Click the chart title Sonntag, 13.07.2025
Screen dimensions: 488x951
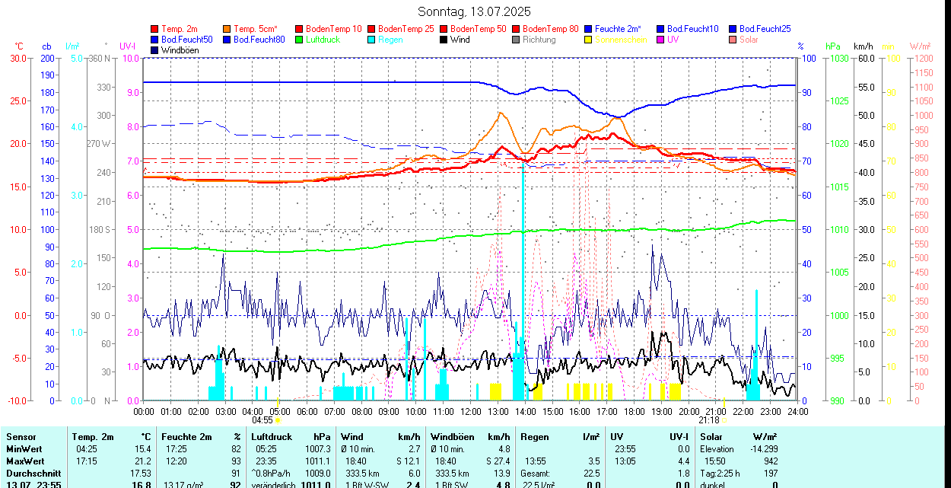pyautogui.click(x=474, y=11)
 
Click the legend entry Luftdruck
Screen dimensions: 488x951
pyautogui.click(x=323, y=40)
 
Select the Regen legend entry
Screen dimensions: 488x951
pyautogui.click(x=390, y=40)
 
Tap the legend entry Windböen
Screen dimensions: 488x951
pyautogui.click(x=180, y=50)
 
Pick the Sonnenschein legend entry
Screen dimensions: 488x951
pyautogui.click(x=621, y=40)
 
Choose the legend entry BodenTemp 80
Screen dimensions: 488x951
pyautogui.click(x=550, y=29)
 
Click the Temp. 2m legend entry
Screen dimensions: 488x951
pyautogui.click(x=180, y=29)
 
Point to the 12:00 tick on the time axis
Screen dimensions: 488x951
pyautogui.click(x=471, y=411)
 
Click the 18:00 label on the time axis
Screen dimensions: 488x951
pyautogui.click(x=635, y=411)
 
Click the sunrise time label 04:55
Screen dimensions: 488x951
pyautogui.click(x=262, y=419)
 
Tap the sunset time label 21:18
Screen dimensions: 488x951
pyautogui.click(x=708, y=419)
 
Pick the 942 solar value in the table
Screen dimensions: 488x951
pyautogui.click(x=770, y=461)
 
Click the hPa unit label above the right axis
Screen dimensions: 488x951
pyautogui.click(x=832, y=46)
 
